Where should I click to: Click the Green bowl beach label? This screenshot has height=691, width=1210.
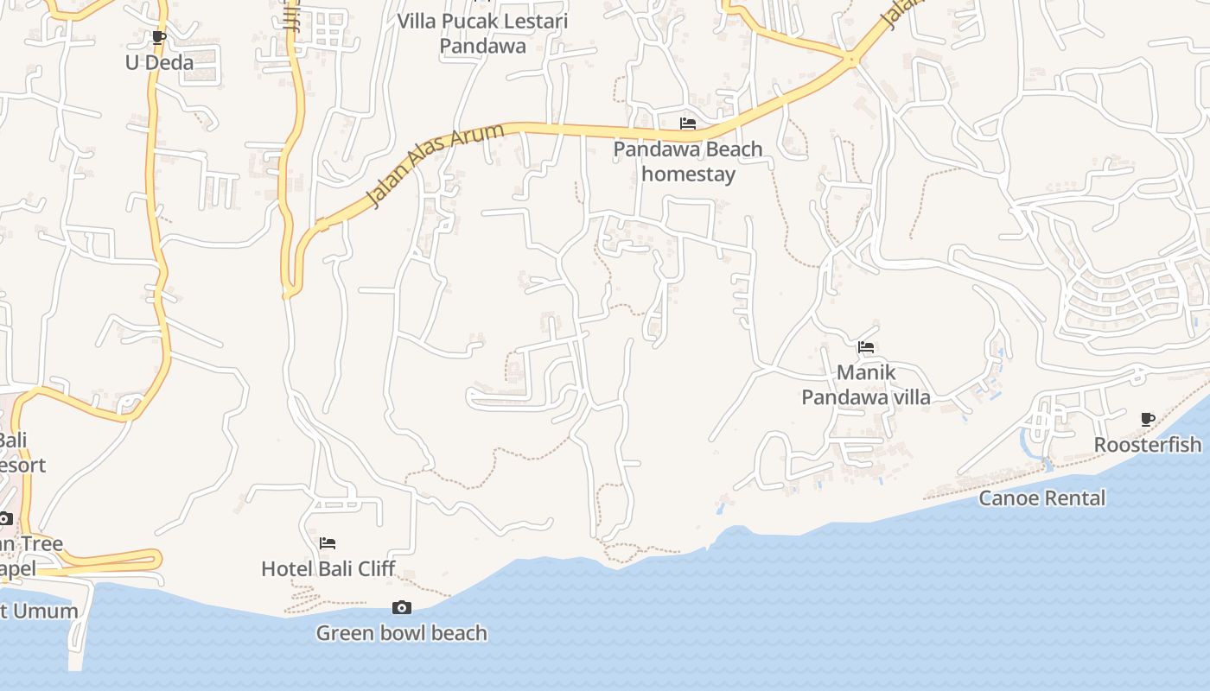pyautogui.click(x=401, y=633)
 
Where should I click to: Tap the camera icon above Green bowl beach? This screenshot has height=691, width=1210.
pyautogui.click(x=402, y=608)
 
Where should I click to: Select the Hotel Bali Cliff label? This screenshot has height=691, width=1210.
pyautogui.click(x=328, y=568)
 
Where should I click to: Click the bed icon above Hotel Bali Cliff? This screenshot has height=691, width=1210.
pyautogui.click(x=328, y=543)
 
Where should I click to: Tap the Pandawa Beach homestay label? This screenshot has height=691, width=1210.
pyautogui.click(x=688, y=162)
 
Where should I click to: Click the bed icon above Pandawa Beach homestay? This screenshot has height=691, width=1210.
pyautogui.click(x=688, y=124)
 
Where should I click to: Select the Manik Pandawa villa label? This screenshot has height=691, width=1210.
pyautogui.click(x=866, y=385)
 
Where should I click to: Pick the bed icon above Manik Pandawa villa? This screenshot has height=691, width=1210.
pyautogui.click(x=866, y=348)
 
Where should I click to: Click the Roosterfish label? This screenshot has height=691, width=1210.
pyautogui.click(x=1148, y=445)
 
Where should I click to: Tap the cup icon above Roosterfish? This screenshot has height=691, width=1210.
pyautogui.click(x=1148, y=420)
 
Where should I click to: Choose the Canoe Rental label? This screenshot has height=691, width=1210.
pyautogui.click(x=1041, y=498)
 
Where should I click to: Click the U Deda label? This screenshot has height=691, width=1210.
pyautogui.click(x=159, y=63)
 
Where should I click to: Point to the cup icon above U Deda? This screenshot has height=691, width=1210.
pyautogui.click(x=158, y=38)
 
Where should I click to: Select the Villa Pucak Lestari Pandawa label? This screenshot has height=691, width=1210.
pyautogui.click(x=482, y=33)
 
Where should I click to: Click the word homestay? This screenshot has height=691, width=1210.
pyautogui.click(x=688, y=174)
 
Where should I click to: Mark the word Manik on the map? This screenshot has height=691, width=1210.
pyautogui.click(x=866, y=373)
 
